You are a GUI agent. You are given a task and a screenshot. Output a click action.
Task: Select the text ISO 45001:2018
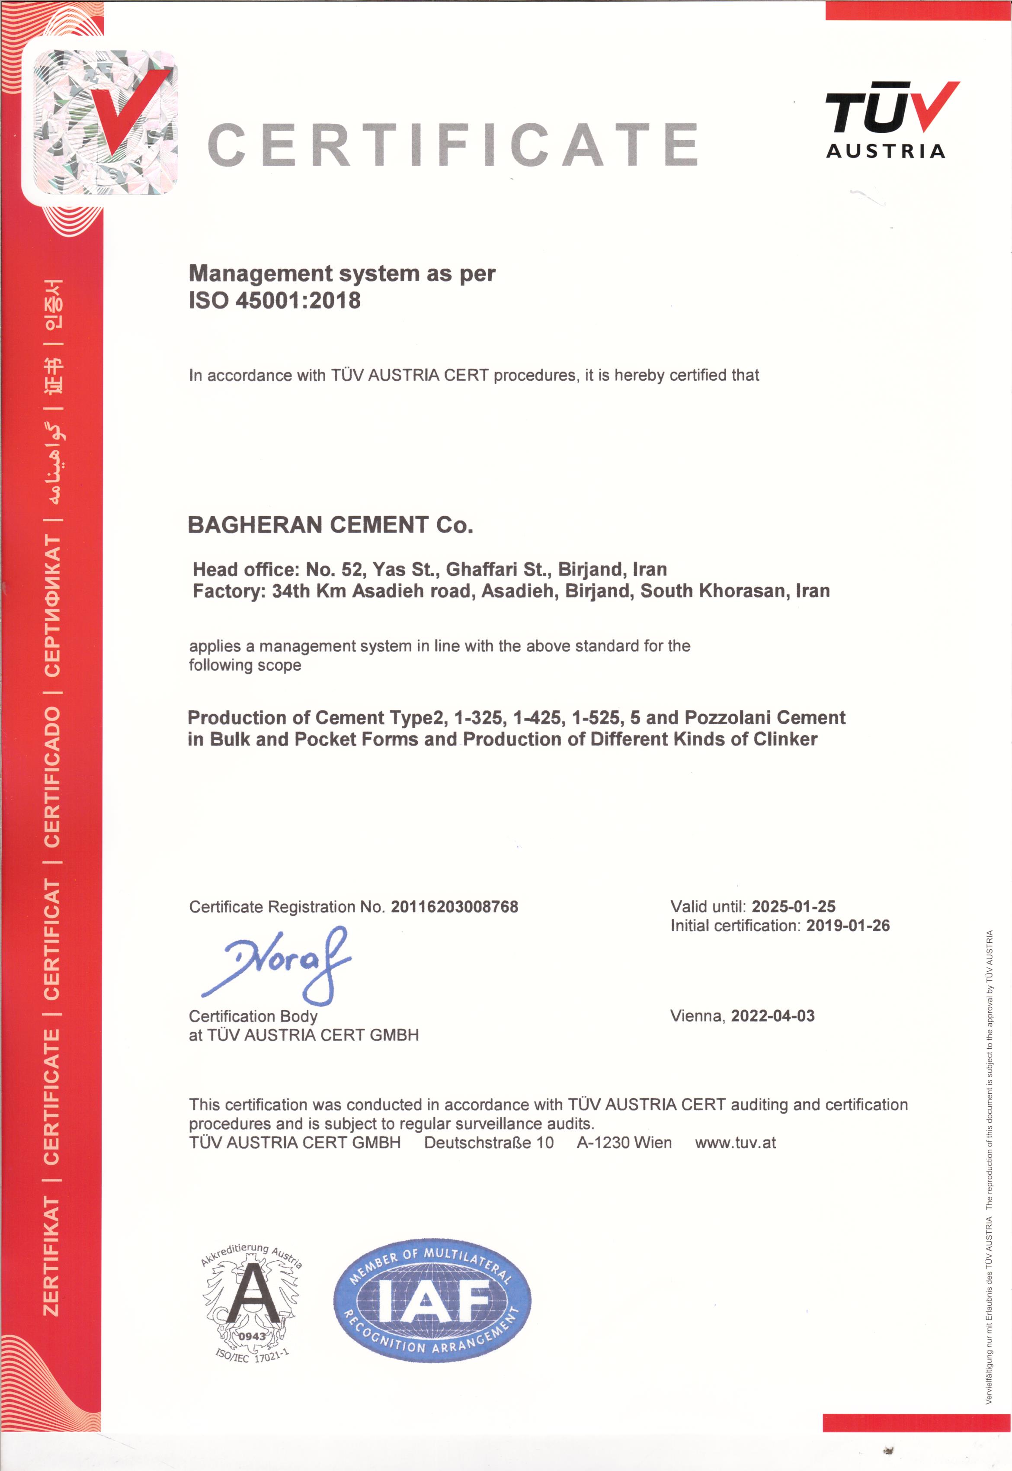[275, 300]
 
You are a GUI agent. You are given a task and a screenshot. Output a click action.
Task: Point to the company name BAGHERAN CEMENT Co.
[330, 525]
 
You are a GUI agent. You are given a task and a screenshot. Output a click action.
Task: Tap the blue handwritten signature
[279, 964]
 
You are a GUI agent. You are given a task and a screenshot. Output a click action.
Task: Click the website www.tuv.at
[736, 1143]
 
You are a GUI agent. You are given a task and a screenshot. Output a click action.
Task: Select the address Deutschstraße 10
[489, 1143]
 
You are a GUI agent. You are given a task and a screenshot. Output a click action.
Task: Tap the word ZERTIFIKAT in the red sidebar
[51, 1256]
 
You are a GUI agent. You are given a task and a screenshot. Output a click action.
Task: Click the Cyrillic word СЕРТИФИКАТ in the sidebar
[52, 606]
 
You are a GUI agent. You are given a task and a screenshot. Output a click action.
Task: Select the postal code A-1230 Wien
[624, 1143]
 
